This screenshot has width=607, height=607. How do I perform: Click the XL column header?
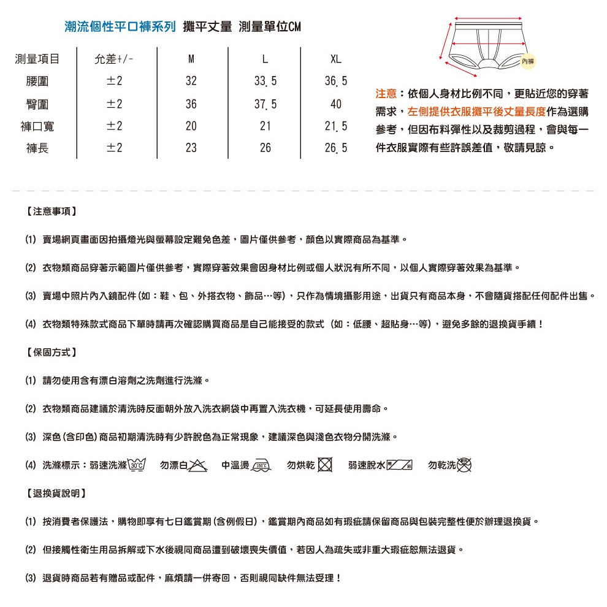(x=335, y=59)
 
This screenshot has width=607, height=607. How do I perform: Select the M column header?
(x=191, y=59)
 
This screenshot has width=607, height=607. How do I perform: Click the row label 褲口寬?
(x=37, y=126)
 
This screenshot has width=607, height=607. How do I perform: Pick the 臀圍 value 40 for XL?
(x=335, y=104)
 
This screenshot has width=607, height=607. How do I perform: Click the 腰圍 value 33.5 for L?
(x=265, y=82)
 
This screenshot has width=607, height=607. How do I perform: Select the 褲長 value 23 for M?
(x=191, y=148)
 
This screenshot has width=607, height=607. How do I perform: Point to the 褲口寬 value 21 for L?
(x=265, y=126)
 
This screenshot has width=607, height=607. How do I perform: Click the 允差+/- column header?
(x=114, y=59)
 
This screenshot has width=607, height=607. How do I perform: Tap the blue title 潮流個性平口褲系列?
(x=120, y=27)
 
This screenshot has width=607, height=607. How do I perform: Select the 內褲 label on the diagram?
(x=527, y=60)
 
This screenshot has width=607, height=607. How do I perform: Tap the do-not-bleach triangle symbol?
(x=197, y=465)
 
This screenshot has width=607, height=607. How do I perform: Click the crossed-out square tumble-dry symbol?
(x=325, y=465)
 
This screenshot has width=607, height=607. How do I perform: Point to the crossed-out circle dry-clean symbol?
(x=465, y=465)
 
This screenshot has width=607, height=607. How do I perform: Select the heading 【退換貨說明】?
(x=56, y=493)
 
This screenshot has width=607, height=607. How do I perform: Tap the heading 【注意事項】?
(x=52, y=212)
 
